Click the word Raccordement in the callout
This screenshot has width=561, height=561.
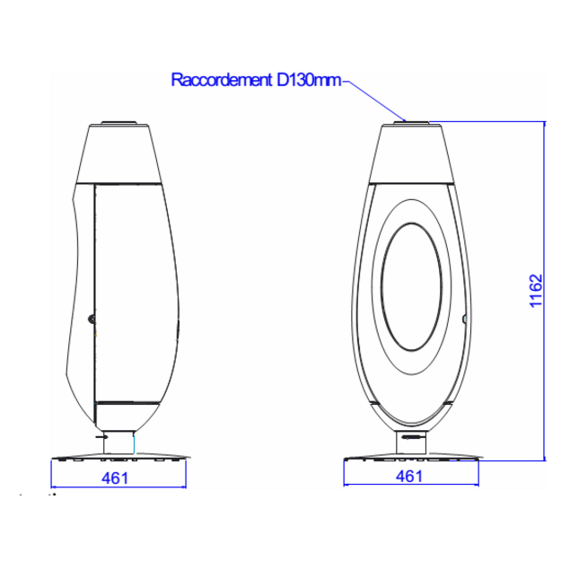pyautogui.click(x=222, y=80)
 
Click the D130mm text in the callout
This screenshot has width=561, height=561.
pyautogui.click(x=309, y=80)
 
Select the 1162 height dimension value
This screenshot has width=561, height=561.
pyautogui.click(x=536, y=291)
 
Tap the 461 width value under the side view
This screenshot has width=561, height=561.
pyautogui.click(x=115, y=478)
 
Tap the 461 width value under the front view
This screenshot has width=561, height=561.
pyautogui.click(x=409, y=477)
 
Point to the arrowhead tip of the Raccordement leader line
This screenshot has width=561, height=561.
pyautogui.click(x=406, y=122)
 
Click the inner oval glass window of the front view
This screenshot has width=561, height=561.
pyautogui.click(x=411, y=286)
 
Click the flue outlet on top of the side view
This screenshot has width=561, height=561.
pyautogui.click(x=118, y=123)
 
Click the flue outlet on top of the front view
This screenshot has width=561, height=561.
pyautogui.click(x=411, y=123)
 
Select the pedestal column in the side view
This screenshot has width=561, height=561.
pyautogui.click(x=118, y=443)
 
